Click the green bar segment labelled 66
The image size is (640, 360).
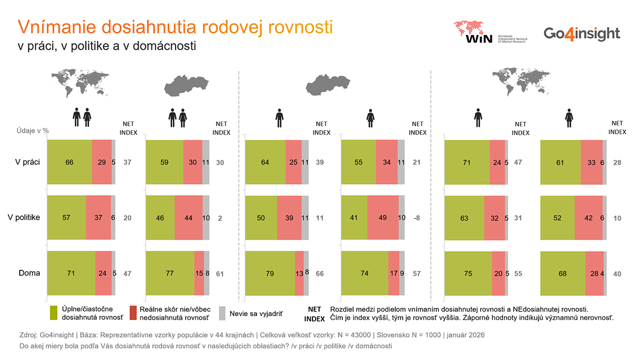[x=69, y=162]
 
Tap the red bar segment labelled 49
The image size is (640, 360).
[x=383, y=218]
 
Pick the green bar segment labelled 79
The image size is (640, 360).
[x=270, y=274]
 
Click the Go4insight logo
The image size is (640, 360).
[x=582, y=34]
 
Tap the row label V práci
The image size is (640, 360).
[x=27, y=162]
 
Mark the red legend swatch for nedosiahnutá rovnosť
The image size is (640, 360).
[x=133, y=313]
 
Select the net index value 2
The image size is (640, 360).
[x=220, y=218]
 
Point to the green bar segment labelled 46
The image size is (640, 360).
[x=160, y=218]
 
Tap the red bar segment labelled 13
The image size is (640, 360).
[x=299, y=274]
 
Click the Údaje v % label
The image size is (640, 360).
[x=33, y=130]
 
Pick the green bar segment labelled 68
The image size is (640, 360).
[x=563, y=274]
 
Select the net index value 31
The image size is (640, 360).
[x=518, y=218]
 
